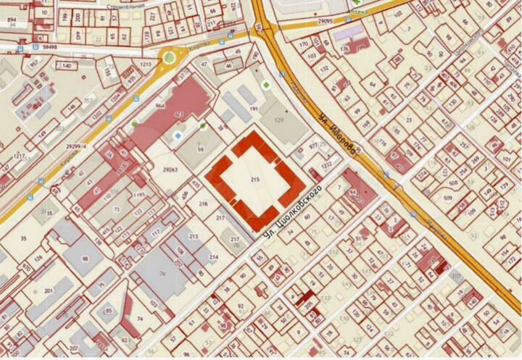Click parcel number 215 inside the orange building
(x=254, y=178)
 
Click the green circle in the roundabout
(x=170, y=56)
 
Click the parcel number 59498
(x=49, y=46)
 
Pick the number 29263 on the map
(x=171, y=169)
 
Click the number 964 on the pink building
(x=160, y=106)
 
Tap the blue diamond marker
(x=178, y=135)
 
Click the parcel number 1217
(x=20, y=156)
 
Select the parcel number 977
(x=313, y=146)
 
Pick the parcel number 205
(x=307, y=306)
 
